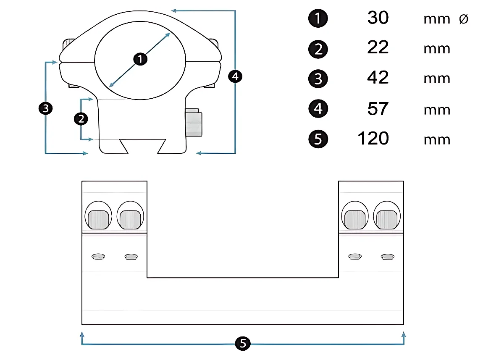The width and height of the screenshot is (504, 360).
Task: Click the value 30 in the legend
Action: coord(378,18)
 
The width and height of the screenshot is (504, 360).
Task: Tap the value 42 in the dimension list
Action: coord(378,78)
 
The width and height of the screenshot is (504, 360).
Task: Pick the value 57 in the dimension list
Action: coord(378,109)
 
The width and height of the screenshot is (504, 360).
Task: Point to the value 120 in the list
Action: coord(373,138)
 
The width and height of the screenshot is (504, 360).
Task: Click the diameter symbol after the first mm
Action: coord(464,19)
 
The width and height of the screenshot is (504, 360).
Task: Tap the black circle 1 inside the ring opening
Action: coord(140,59)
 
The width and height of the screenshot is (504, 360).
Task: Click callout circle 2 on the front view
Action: coord(81,119)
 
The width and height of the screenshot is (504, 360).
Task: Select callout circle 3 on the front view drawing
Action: coord(46,108)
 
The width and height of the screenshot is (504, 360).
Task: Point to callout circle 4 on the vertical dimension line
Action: coord(235,76)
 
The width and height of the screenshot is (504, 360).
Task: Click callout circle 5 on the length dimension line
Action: coord(243,343)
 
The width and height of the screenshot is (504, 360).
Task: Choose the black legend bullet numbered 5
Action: coord(318,139)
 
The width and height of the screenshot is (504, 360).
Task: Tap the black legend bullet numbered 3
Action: coord(318,79)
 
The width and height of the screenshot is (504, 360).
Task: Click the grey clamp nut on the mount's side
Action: coord(194,123)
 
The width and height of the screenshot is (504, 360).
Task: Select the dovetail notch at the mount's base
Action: coord(143,146)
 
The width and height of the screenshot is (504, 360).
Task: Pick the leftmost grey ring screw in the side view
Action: coord(98,220)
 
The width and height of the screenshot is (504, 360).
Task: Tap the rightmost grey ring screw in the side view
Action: coord(386,220)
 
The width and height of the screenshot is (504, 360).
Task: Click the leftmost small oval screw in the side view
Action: coord(98,256)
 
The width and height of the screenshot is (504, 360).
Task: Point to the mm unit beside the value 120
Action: coord(437,140)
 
